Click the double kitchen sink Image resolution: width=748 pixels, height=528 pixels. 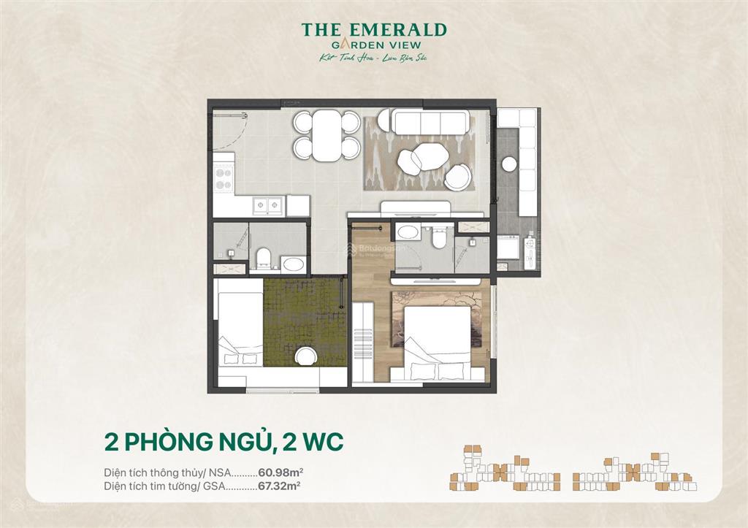coord(268,205)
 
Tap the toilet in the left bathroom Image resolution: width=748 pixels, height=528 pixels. coord(263,256)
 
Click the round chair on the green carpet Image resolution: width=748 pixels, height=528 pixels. coord(305,357)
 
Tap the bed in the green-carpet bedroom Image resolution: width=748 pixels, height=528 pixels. coord(240,332)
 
